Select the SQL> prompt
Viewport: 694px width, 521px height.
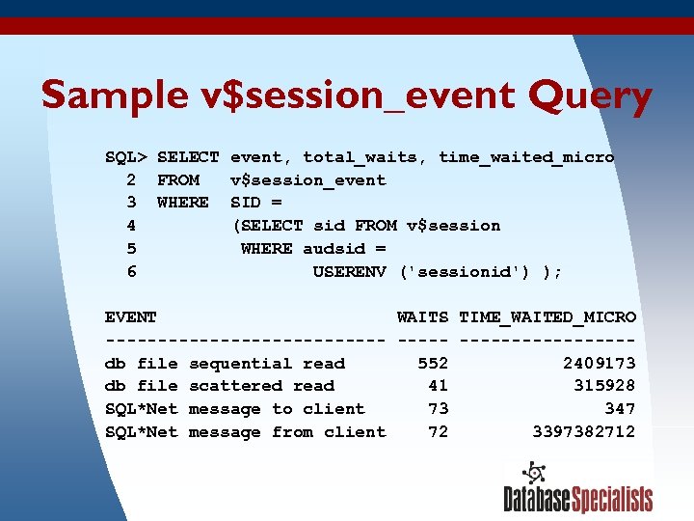(126, 156)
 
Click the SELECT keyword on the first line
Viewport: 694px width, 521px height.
(188, 156)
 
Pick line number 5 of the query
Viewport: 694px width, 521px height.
(131, 249)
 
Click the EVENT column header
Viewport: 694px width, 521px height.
(131, 316)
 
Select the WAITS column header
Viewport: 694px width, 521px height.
(422, 316)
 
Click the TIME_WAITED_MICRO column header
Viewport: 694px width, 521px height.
(547, 316)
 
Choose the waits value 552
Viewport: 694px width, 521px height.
(433, 364)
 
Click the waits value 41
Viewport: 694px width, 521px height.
(438, 386)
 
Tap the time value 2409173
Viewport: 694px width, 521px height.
(600, 364)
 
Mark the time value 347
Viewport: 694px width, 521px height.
(620, 409)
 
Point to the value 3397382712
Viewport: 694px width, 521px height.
(584, 432)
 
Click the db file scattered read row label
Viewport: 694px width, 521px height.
(220, 386)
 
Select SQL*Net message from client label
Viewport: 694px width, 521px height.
(245, 432)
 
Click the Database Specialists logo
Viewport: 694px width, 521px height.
(577, 489)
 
